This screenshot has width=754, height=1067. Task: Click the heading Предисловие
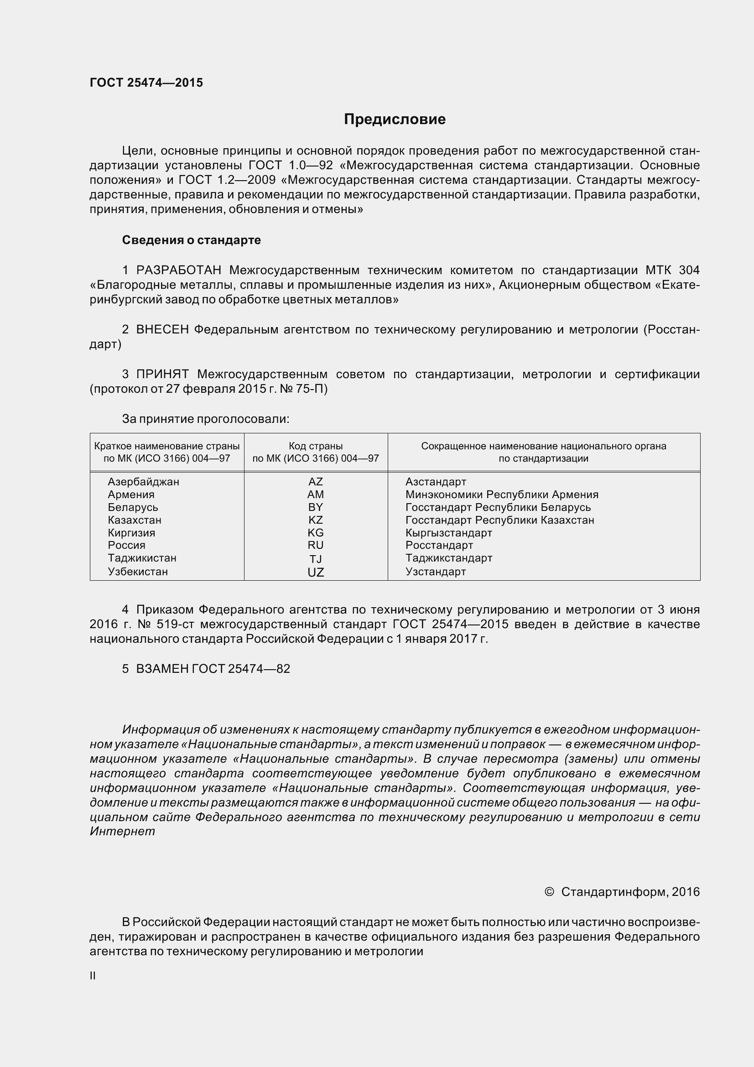395,120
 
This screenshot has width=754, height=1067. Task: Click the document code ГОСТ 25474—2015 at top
146,83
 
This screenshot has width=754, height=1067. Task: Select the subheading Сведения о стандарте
191,240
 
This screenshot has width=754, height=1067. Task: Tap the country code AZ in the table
316,482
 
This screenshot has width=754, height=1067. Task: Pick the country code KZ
316,520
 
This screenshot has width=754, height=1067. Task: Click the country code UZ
316,573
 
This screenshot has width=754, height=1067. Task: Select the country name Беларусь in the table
133,507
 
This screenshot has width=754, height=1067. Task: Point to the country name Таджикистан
142,558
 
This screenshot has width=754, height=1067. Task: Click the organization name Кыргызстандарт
448,533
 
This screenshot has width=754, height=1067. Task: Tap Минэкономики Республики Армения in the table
502,494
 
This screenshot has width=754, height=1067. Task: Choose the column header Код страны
316,446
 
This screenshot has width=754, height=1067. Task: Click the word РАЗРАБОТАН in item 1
178,271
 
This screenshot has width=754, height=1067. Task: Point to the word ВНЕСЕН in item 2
162,330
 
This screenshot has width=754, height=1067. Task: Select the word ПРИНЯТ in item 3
162,375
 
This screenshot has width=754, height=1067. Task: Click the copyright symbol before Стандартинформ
549,892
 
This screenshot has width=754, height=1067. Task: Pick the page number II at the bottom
93,976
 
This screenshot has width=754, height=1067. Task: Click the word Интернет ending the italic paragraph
122,832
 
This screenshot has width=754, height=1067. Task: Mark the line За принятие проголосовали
205,419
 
